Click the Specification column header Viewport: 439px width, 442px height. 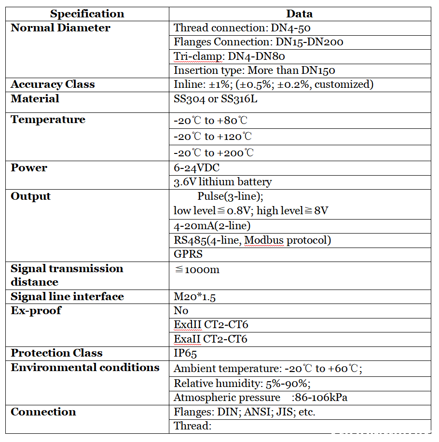pos(87,14)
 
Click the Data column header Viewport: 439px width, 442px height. pos(299,14)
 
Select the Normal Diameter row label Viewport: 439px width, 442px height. pos(60,28)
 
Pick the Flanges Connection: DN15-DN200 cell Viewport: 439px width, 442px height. pos(258,42)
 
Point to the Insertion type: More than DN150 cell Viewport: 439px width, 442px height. pos(254,70)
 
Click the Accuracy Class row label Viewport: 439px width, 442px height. pos(53,84)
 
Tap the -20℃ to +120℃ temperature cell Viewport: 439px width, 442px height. pos(213,137)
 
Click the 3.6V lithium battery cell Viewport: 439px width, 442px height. pos(222,182)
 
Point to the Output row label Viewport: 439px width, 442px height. pos(30,196)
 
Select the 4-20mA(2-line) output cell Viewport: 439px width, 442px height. pos(212,225)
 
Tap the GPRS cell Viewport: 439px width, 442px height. pos(188,254)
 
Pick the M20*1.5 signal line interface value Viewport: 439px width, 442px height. pos(194,297)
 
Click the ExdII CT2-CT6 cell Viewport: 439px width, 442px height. pos(211,325)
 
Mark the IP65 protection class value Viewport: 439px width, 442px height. pos(185,353)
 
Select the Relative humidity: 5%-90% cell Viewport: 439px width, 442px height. pos(242,384)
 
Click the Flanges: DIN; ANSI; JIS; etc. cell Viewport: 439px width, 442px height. pos(245,412)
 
